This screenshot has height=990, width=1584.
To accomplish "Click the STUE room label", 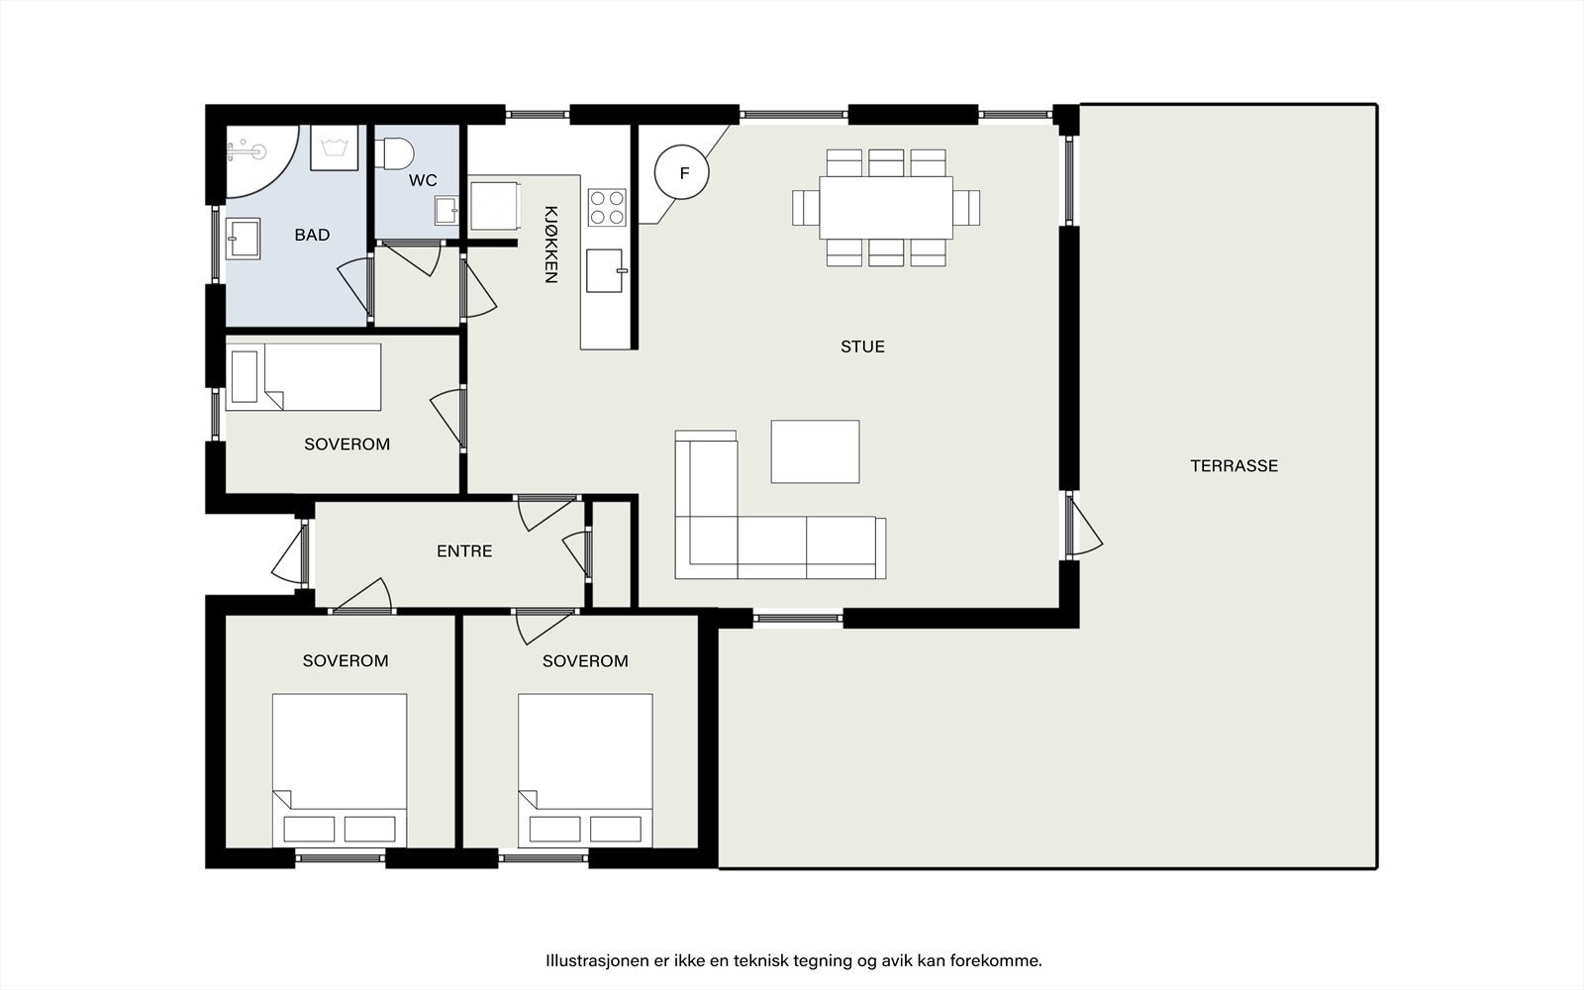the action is coord(862,346).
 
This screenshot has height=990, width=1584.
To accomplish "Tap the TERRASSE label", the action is coord(1234,466).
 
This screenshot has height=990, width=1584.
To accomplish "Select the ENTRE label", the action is coord(464,550).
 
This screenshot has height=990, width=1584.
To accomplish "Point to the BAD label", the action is coord(312,235).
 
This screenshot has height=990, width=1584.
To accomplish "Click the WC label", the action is coord(423,180).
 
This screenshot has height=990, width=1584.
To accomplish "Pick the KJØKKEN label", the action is coord(550,245).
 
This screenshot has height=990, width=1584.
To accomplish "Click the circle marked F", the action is coord(682,172).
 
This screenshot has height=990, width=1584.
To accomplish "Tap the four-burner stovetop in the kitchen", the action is coord(607,207).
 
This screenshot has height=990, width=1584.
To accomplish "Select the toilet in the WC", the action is coord(395,153).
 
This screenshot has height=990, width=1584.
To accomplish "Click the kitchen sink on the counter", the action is coord(605,270).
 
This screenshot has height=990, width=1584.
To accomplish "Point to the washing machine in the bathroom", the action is coord(335,148).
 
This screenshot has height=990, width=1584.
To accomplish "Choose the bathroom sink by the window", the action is coord(243,239).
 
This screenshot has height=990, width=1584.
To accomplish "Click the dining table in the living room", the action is coord(886,208).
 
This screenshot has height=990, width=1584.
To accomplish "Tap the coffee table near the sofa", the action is coord(816,451).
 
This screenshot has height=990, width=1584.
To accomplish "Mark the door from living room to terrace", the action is coord(1082,525).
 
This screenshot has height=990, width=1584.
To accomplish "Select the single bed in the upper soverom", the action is coord(303,377).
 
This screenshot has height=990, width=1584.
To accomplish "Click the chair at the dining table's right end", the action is coord(966,208).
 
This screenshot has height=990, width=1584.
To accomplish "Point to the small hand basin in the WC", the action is coord(446,210).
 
